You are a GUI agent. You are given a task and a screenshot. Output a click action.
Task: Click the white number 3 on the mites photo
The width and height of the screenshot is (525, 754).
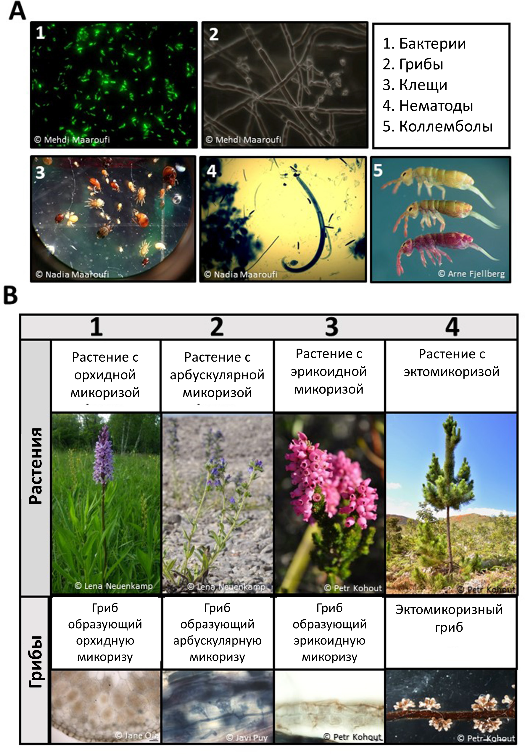(40, 173)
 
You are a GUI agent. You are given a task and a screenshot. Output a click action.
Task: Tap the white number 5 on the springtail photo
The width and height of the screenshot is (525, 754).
(378, 170)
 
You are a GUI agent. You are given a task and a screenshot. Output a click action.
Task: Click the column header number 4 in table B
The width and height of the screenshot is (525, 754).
(452, 327)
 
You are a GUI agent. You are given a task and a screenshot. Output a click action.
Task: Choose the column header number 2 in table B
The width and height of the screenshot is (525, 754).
(217, 327)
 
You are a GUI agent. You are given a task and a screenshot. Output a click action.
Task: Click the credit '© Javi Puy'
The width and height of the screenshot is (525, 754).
(247, 738)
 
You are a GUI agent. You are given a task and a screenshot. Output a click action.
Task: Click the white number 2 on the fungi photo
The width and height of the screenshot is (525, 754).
(213, 34)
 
